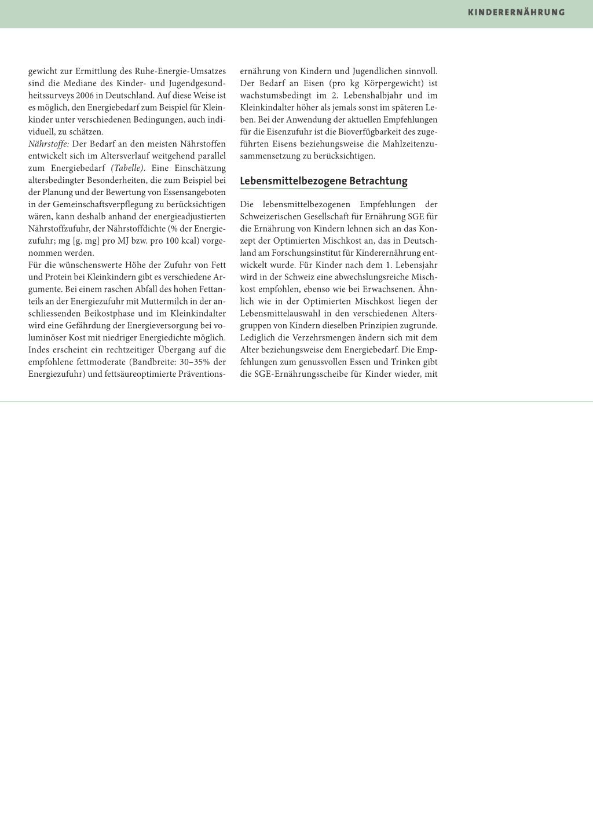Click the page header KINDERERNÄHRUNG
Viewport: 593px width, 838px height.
(x=516, y=12)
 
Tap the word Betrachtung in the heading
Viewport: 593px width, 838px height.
(x=378, y=181)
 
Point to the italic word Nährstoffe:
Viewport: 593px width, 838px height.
(x=49, y=144)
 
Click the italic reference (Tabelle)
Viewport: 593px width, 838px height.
(x=127, y=168)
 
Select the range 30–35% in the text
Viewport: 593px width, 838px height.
(x=196, y=362)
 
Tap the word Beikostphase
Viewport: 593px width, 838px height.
(x=109, y=314)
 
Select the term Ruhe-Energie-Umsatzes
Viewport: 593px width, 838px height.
(x=180, y=71)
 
